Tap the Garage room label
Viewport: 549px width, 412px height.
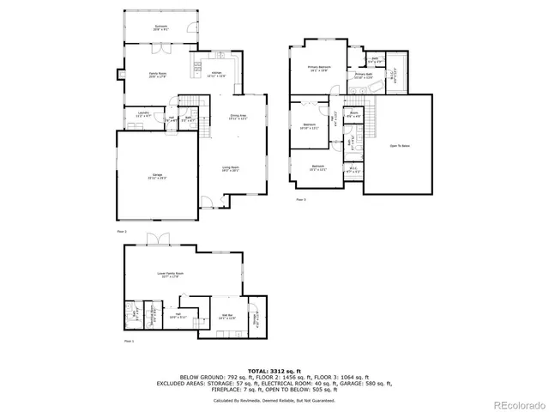(x=156, y=177)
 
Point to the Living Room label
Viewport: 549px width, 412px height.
(x=230, y=169)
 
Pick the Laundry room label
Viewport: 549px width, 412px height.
(x=142, y=114)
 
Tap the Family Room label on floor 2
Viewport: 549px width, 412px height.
(x=157, y=74)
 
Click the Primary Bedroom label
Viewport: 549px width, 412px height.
(x=319, y=69)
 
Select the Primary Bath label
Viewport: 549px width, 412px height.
(x=363, y=76)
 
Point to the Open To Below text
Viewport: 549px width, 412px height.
(x=400, y=146)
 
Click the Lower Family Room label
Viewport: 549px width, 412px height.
(x=168, y=275)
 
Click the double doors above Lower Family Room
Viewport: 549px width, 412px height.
(x=154, y=239)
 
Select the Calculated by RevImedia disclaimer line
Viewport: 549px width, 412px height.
(x=274, y=400)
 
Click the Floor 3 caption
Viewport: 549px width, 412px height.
(x=301, y=199)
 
